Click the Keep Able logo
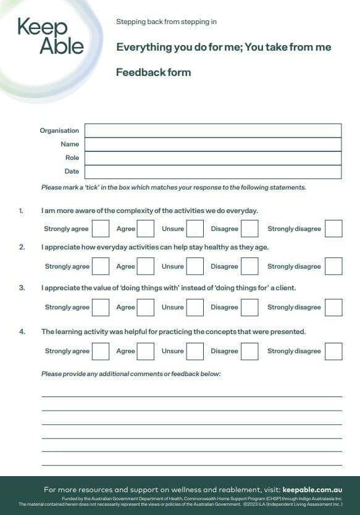[51, 36]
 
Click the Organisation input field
[212, 130]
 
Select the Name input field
[212, 144]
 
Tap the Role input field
[212, 157]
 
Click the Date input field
[212, 171]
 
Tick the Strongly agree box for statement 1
[101, 228]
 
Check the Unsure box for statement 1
[195, 228]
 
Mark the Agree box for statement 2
[146, 266]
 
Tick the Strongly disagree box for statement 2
[333, 266]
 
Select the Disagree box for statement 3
[249, 307]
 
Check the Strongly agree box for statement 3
[101, 307]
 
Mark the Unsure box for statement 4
[195, 351]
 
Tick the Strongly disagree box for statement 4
[333, 351]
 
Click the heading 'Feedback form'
[153, 72]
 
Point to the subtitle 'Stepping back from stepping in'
[166, 22]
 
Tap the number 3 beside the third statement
[22, 288]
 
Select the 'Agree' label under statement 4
[125, 351]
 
